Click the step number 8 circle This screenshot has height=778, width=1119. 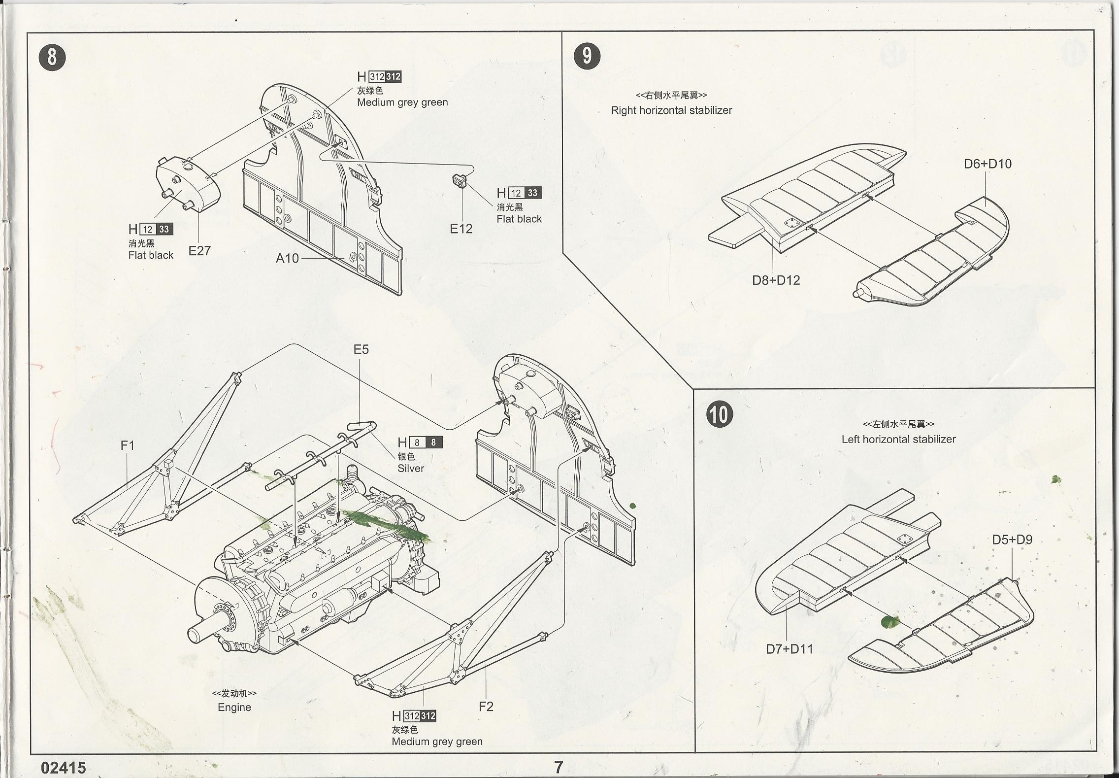(x=52, y=57)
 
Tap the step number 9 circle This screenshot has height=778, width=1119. (x=587, y=56)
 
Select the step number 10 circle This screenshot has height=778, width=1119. (x=719, y=414)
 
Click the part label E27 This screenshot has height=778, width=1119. (x=199, y=251)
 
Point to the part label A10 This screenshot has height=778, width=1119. (x=287, y=259)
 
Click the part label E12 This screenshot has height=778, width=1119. (x=461, y=229)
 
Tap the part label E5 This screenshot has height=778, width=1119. (x=361, y=350)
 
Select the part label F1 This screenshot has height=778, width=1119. (x=128, y=445)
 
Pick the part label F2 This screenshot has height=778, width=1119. (x=486, y=707)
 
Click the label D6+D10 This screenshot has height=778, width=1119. (x=987, y=164)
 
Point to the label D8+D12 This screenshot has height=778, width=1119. (x=776, y=280)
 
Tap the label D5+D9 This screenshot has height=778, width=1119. (x=1012, y=540)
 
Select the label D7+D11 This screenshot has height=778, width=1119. (x=789, y=649)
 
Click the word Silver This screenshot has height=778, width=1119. (x=411, y=469)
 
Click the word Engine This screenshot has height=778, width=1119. (x=234, y=708)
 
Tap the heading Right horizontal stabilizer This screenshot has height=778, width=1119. (x=671, y=110)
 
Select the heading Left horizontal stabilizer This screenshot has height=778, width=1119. (x=898, y=439)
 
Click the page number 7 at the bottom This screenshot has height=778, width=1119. (x=559, y=767)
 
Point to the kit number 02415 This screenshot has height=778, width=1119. (x=64, y=768)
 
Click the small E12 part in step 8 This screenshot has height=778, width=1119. (x=460, y=180)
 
